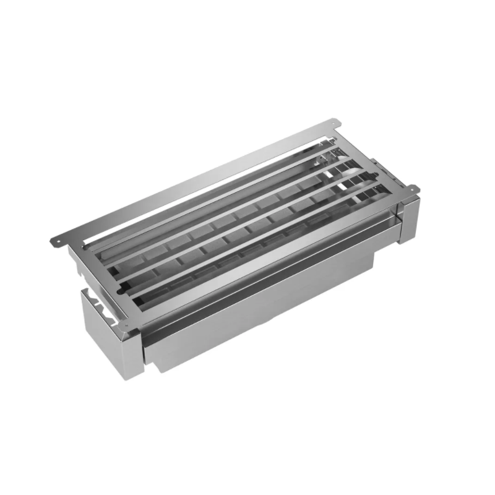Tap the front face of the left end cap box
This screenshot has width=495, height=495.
pyautogui.click(x=111, y=350)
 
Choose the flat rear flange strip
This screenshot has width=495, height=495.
pyautogui.click(x=186, y=186)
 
